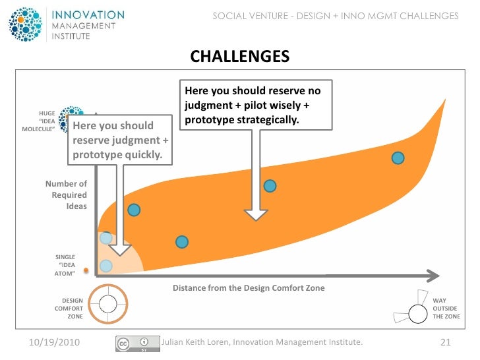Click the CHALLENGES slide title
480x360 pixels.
point(240,57)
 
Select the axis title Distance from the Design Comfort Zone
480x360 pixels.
point(249,288)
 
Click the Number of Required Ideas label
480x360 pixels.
point(66,195)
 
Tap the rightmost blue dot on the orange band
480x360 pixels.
point(398,158)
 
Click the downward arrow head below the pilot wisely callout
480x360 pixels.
point(256,214)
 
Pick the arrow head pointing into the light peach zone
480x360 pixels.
point(120,249)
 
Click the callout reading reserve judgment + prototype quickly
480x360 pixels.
point(117,140)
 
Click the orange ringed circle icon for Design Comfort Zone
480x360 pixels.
point(107,304)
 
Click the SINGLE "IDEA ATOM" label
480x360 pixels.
point(65,264)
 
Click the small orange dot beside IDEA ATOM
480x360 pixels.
point(86,270)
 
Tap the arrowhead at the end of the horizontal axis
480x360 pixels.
point(433,274)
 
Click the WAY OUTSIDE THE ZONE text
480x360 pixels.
point(446,309)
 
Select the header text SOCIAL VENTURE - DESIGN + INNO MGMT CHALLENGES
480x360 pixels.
point(335,16)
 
